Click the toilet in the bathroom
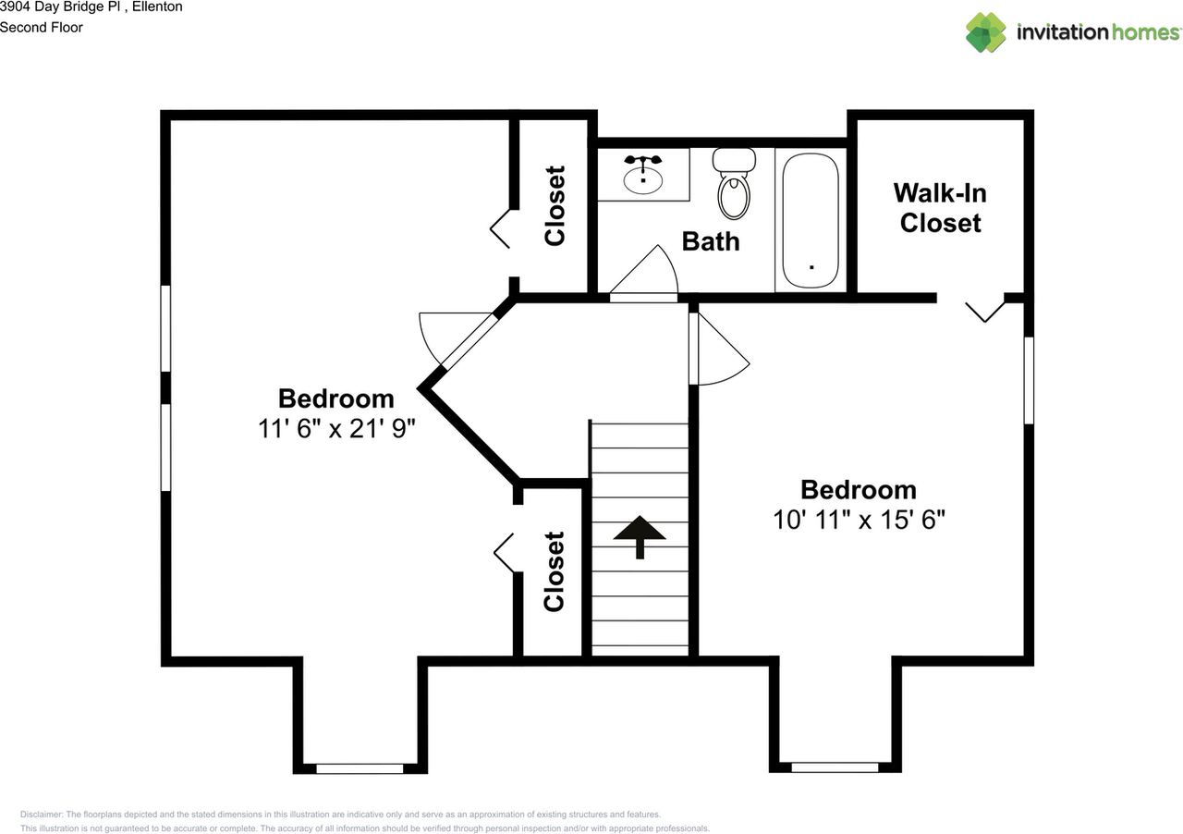coord(734,183)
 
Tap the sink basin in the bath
coord(642,179)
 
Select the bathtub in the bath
coord(811,220)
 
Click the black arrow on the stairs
coord(640,536)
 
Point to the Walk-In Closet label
coord(940,208)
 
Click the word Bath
coord(711,241)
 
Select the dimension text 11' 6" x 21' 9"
coord(336,428)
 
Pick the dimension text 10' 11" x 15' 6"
coord(859,520)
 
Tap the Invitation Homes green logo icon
coord(985,32)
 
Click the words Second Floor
coord(42,28)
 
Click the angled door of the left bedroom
coord(469,342)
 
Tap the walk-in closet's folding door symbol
coord(985,312)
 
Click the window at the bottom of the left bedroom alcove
coord(360,768)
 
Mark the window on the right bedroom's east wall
coord(1029,380)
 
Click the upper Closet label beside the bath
coord(555,205)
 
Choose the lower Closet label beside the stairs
coord(554,571)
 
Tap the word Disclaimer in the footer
coord(42,815)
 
